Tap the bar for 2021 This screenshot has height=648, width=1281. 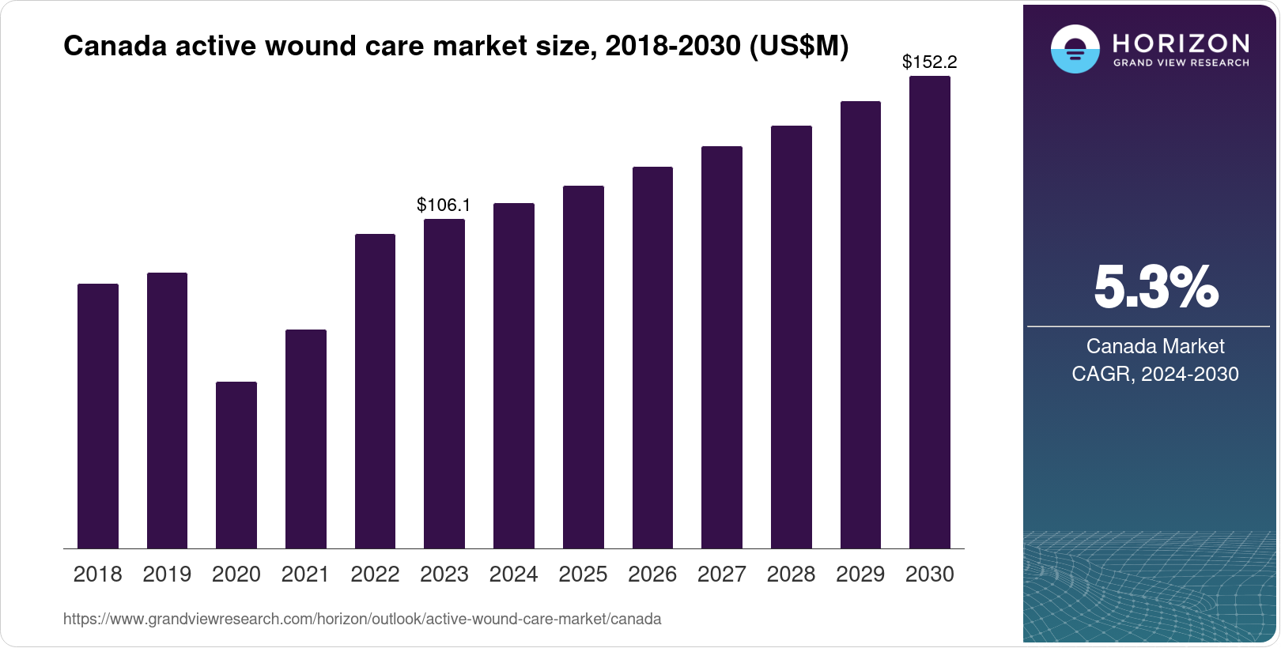(305, 439)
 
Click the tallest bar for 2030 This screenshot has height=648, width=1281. (929, 312)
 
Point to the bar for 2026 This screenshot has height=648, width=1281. (652, 357)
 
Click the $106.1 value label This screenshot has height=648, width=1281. (444, 205)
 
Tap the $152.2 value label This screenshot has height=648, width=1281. (929, 62)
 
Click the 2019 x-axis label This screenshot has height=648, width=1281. (167, 575)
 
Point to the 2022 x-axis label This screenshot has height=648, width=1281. (375, 575)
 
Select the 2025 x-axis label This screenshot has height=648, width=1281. (583, 575)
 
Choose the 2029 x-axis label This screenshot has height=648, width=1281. (860, 575)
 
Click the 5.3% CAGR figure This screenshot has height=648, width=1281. (1155, 288)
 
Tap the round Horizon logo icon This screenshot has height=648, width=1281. (1075, 49)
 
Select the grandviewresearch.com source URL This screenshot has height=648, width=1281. (362, 620)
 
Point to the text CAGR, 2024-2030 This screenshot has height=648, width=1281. (1154, 374)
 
